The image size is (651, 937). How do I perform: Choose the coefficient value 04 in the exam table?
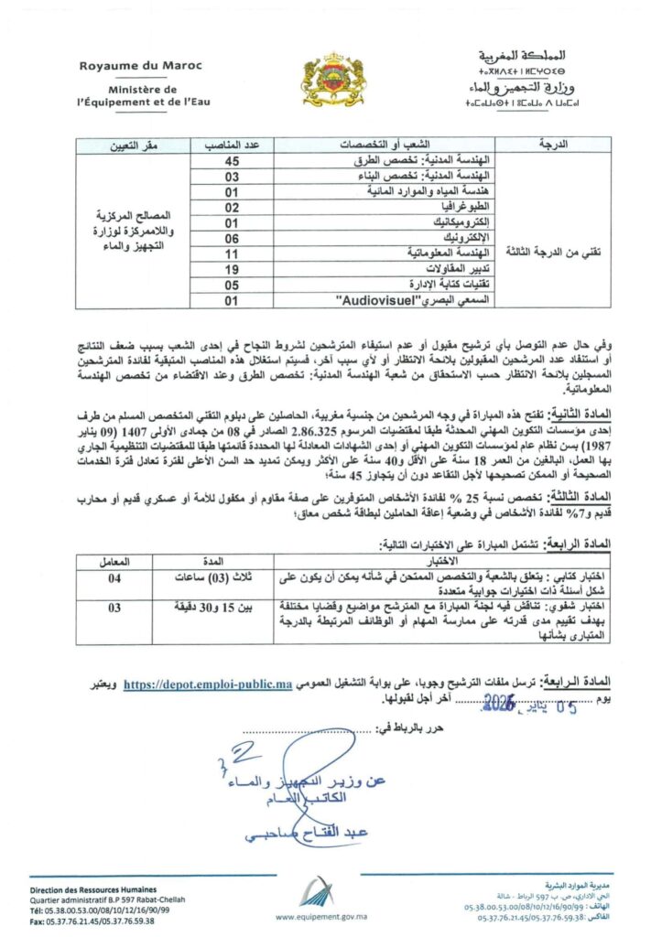116,577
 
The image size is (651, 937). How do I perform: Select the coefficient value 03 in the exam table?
116,606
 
